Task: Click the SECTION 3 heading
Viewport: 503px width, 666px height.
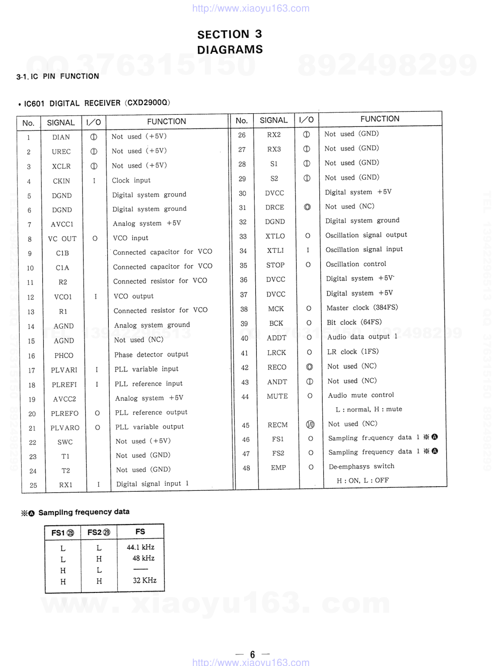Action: [230, 34]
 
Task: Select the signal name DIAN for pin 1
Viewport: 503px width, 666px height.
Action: [61, 137]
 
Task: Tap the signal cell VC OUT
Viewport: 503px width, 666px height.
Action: [62, 239]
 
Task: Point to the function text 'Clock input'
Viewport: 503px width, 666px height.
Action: [131, 180]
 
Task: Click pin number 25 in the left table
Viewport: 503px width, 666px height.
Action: [33, 485]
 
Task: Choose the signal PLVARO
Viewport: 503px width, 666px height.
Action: [65, 428]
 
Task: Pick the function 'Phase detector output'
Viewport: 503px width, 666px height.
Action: [151, 354]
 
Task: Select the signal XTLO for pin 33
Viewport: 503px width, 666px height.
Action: [275, 236]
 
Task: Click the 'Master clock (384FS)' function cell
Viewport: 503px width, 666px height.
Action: [362, 308]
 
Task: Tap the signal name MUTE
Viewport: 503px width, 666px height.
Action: [277, 396]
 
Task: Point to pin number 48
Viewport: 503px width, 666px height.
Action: [246, 468]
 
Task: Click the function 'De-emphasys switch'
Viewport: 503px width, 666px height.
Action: [362, 467]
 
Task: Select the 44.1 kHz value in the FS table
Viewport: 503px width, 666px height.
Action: [140, 547]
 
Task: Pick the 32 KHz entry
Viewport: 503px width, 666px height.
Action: [145, 580]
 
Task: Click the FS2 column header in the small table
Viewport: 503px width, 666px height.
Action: [99, 533]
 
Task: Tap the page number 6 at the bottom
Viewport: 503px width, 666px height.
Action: [252, 654]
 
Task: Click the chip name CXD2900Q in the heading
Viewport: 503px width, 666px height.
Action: [148, 103]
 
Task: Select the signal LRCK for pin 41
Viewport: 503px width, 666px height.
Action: [276, 353]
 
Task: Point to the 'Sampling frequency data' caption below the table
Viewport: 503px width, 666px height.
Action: [84, 512]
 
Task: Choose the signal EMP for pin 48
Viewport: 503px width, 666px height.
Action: [278, 468]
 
